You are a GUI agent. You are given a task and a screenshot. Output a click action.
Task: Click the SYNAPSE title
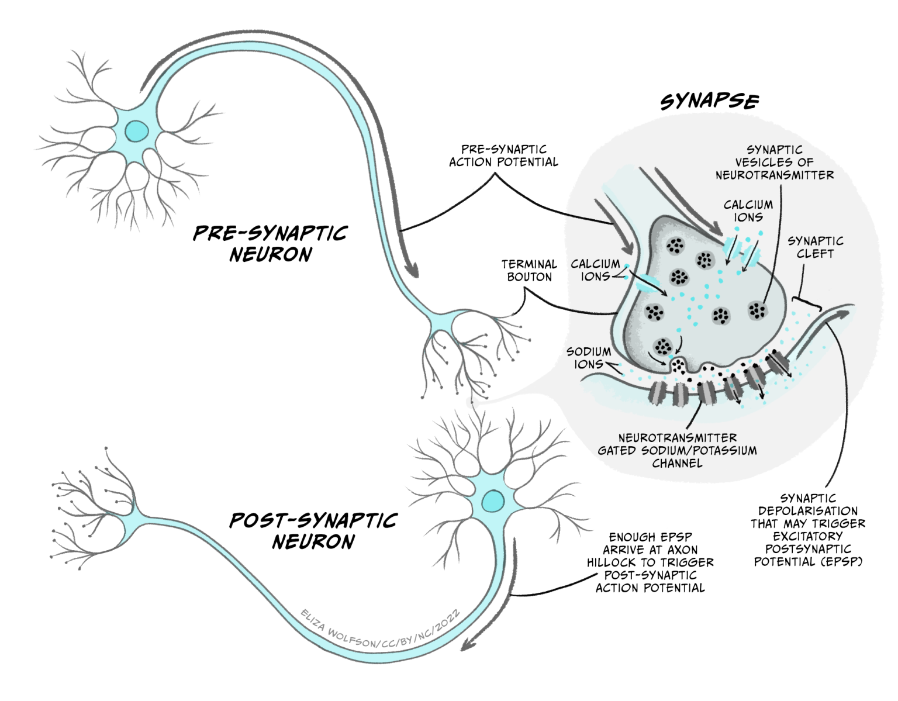coord(709,102)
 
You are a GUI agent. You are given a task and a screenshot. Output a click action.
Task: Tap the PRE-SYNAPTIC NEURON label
coord(270,244)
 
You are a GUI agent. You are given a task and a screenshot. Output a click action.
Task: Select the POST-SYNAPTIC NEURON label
coord(313,531)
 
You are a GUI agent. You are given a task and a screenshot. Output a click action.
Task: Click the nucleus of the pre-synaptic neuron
coord(137,130)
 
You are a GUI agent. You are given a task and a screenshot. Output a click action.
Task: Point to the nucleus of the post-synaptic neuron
coord(493,501)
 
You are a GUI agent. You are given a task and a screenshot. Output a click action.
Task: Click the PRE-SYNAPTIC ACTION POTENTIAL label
coord(503,156)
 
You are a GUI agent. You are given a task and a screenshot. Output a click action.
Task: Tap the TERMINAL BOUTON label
coord(529,271)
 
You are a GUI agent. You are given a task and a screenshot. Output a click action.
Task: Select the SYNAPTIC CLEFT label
coord(815,247)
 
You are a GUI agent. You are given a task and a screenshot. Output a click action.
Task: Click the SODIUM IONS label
coord(589,358)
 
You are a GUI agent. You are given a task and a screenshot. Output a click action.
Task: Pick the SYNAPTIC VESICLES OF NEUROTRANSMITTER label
coord(775,162)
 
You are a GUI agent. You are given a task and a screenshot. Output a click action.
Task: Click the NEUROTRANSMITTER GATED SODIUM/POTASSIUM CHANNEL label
coord(677,450)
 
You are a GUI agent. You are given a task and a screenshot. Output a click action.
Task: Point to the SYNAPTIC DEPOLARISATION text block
coord(808,530)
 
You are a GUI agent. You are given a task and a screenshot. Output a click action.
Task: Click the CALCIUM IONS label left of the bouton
coord(595,270)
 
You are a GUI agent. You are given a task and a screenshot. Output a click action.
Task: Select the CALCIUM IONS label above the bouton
coord(748,210)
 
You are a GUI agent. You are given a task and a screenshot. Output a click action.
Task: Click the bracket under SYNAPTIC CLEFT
coord(807,303)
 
